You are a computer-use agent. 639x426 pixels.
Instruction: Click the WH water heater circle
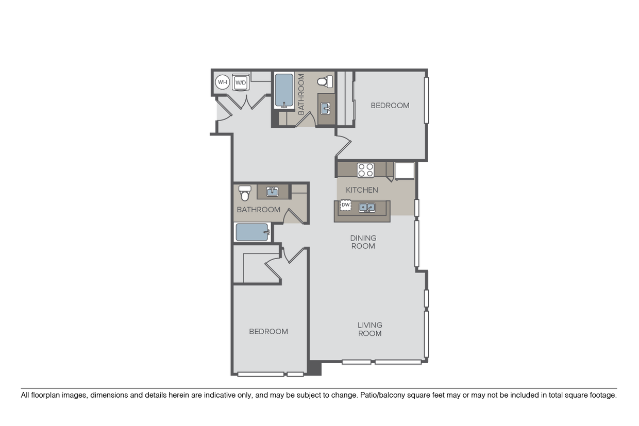pyautogui.click(x=222, y=82)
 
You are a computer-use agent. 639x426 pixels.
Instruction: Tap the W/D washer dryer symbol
pyautogui.click(x=241, y=82)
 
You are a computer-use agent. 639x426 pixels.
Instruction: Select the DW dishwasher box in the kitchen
pyautogui.click(x=345, y=205)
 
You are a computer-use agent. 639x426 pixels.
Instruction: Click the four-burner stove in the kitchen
pyautogui.click(x=366, y=170)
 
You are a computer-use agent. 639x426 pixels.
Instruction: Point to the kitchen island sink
pyautogui.click(x=367, y=208)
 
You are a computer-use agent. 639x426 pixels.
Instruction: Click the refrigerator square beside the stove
pyautogui.click(x=405, y=171)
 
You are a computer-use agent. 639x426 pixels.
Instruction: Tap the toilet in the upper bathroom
pyautogui.click(x=325, y=81)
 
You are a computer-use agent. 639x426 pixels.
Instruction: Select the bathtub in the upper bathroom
pyautogui.click(x=284, y=91)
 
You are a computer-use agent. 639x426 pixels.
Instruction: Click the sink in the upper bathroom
pyautogui.click(x=326, y=109)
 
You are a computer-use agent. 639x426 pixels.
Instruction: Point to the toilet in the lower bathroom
pyautogui.click(x=245, y=193)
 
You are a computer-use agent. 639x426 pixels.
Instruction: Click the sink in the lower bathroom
pyautogui.click(x=273, y=191)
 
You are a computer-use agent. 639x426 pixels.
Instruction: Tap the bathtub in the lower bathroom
pyautogui.click(x=253, y=232)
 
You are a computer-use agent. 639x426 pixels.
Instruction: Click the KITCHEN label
pyautogui.click(x=362, y=190)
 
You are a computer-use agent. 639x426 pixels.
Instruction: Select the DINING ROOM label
pyautogui.click(x=363, y=242)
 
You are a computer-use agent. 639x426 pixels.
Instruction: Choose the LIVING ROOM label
pyautogui.click(x=369, y=329)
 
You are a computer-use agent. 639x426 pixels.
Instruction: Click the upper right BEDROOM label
pyautogui.click(x=390, y=106)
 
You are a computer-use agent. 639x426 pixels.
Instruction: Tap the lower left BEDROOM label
pyautogui.click(x=268, y=331)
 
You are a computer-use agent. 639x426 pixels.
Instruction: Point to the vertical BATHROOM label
pyautogui.click(x=301, y=94)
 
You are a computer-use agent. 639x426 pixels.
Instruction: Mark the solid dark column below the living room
pyautogui.click(x=314, y=368)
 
